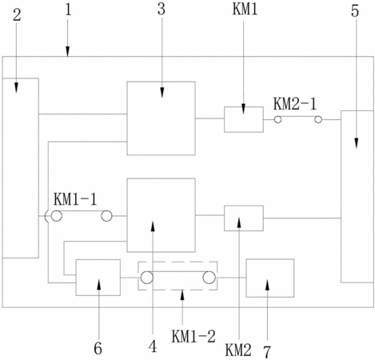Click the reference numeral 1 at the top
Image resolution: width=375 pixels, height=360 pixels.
[x=69, y=10]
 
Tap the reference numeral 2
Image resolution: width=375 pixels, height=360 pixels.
[x=17, y=15]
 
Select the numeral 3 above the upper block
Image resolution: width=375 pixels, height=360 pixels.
[x=162, y=9]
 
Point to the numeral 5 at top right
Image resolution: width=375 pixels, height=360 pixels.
[x=355, y=11]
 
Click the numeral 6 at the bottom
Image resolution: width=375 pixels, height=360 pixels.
[x=98, y=348]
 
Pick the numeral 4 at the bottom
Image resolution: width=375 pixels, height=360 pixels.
[x=153, y=346]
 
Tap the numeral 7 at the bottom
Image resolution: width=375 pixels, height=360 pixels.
[x=267, y=351]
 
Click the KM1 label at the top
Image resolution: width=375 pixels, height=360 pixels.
[x=245, y=9]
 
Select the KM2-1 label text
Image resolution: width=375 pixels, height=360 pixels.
[x=295, y=104]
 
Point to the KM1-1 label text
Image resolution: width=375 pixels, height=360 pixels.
[x=75, y=199]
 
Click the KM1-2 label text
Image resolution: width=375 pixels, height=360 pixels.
[x=193, y=336]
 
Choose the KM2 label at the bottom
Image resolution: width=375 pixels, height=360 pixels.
[x=238, y=350]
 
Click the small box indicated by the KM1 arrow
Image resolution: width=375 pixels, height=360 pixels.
[x=244, y=119]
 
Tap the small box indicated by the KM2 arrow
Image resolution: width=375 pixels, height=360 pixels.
[x=244, y=218]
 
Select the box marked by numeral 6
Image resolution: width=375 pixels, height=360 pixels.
[x=98, y=278]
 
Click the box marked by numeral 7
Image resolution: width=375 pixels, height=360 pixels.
[x=270, y=278]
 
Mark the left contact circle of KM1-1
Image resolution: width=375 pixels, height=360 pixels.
[x=57, y=216]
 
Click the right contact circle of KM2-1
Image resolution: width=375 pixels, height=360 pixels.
[x=318, y=120]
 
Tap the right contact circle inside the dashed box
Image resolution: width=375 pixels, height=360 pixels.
[x=209, y=278]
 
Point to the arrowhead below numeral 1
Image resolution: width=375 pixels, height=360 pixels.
[x=67, y=51]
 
